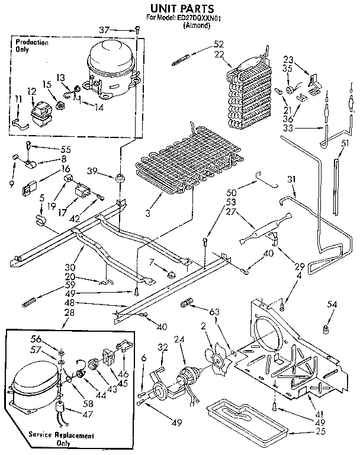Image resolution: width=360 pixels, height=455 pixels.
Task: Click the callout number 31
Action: point(291,180)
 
